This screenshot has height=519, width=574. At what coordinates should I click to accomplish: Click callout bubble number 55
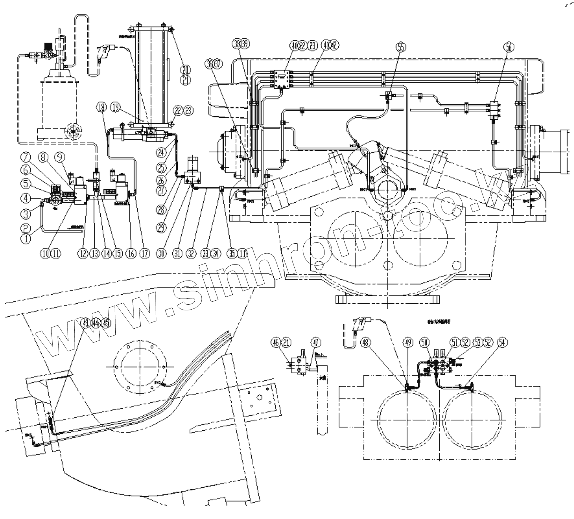(401, 47)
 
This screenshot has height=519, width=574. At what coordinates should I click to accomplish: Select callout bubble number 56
(508, 47)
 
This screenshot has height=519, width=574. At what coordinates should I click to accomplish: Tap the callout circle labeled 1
(26, 238)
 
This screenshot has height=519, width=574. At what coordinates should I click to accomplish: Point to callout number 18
(101, 108)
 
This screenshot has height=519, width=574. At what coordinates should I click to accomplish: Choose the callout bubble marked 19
(116, 108)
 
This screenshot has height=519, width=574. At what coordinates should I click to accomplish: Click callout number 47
(316, 342)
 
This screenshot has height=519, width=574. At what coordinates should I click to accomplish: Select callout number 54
(502, 342)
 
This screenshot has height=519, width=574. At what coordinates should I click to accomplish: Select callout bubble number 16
(130, 254)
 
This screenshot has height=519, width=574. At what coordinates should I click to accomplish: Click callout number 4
(26, 199)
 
